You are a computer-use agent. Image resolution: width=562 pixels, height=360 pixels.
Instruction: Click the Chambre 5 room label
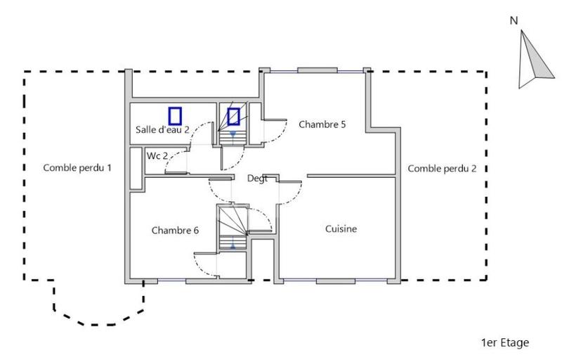(x=322, y=124)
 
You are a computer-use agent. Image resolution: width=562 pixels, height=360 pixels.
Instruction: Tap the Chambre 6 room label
(x=175, y=230)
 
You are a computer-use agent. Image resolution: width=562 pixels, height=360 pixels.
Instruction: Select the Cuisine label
(x=341, y=229)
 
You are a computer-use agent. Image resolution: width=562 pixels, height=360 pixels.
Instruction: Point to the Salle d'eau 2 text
(x=162, y=130)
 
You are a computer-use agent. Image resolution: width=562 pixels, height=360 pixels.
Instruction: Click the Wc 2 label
(x=157, y=155)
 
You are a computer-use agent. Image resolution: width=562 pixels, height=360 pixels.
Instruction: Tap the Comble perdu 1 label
(x=77, y=168)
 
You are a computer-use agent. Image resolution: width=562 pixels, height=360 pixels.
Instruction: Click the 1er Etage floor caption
(x=505, y=342)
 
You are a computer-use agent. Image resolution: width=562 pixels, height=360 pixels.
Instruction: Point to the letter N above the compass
(x=514, y=21)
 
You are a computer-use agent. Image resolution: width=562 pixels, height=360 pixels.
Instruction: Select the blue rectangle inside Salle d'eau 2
(x=175, y=116)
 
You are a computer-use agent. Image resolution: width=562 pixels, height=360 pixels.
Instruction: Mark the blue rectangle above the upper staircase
(x=233, y=116)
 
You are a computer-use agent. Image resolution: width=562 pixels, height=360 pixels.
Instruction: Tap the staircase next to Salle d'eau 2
(x=233, y=134)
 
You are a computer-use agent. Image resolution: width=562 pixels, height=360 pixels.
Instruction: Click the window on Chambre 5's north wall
(x=316, y=70)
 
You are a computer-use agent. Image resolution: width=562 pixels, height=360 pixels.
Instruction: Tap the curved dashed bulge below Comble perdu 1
(x=98, y=316)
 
